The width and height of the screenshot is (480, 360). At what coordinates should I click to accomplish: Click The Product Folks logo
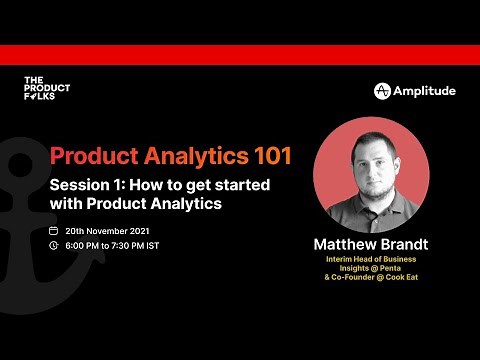pyautogui.click(x=46, y=89)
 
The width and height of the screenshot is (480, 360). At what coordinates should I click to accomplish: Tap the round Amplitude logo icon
pyautogui.click(x=382, y=91)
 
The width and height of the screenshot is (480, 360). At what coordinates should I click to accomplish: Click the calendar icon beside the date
pyautogui.click(x=54, y=230)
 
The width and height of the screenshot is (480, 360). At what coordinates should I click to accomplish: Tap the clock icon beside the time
pyautogui.click(x=54, y=245)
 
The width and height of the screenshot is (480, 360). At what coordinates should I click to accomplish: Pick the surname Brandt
pyautogui.click(x=407, y=244)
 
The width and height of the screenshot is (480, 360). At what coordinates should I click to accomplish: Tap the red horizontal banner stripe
pyautogui.click(x=240, y=54)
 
